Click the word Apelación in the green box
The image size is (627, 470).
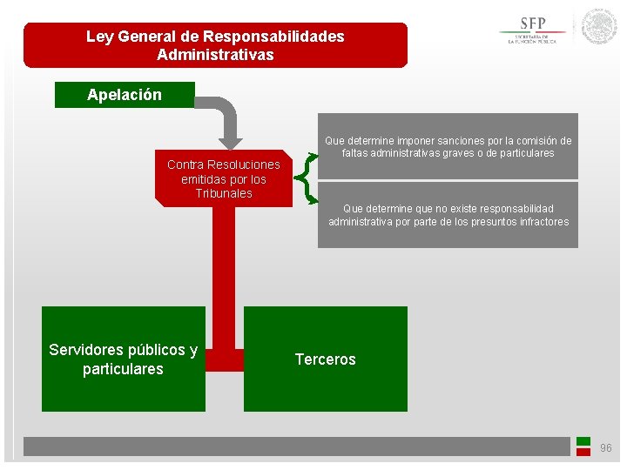pyautogui.click(x=125, y=95)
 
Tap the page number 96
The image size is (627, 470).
pyautogui.click(x=606, y=448)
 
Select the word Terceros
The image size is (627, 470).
pyautogui.click(x=325, y=359)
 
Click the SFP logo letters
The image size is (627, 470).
pyautogui.click(x=533, y=23)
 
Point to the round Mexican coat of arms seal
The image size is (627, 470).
pyautogui.click(x=599, y=27)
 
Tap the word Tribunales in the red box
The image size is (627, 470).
pyautogui.click(x=224, y=194)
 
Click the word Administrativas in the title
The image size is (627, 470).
pyautogui.click(x=215, y=55)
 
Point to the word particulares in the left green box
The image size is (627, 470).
pyautogui.click(x=123, y=369)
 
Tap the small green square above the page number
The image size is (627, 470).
pyautogui.click(x=583, y=441)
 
